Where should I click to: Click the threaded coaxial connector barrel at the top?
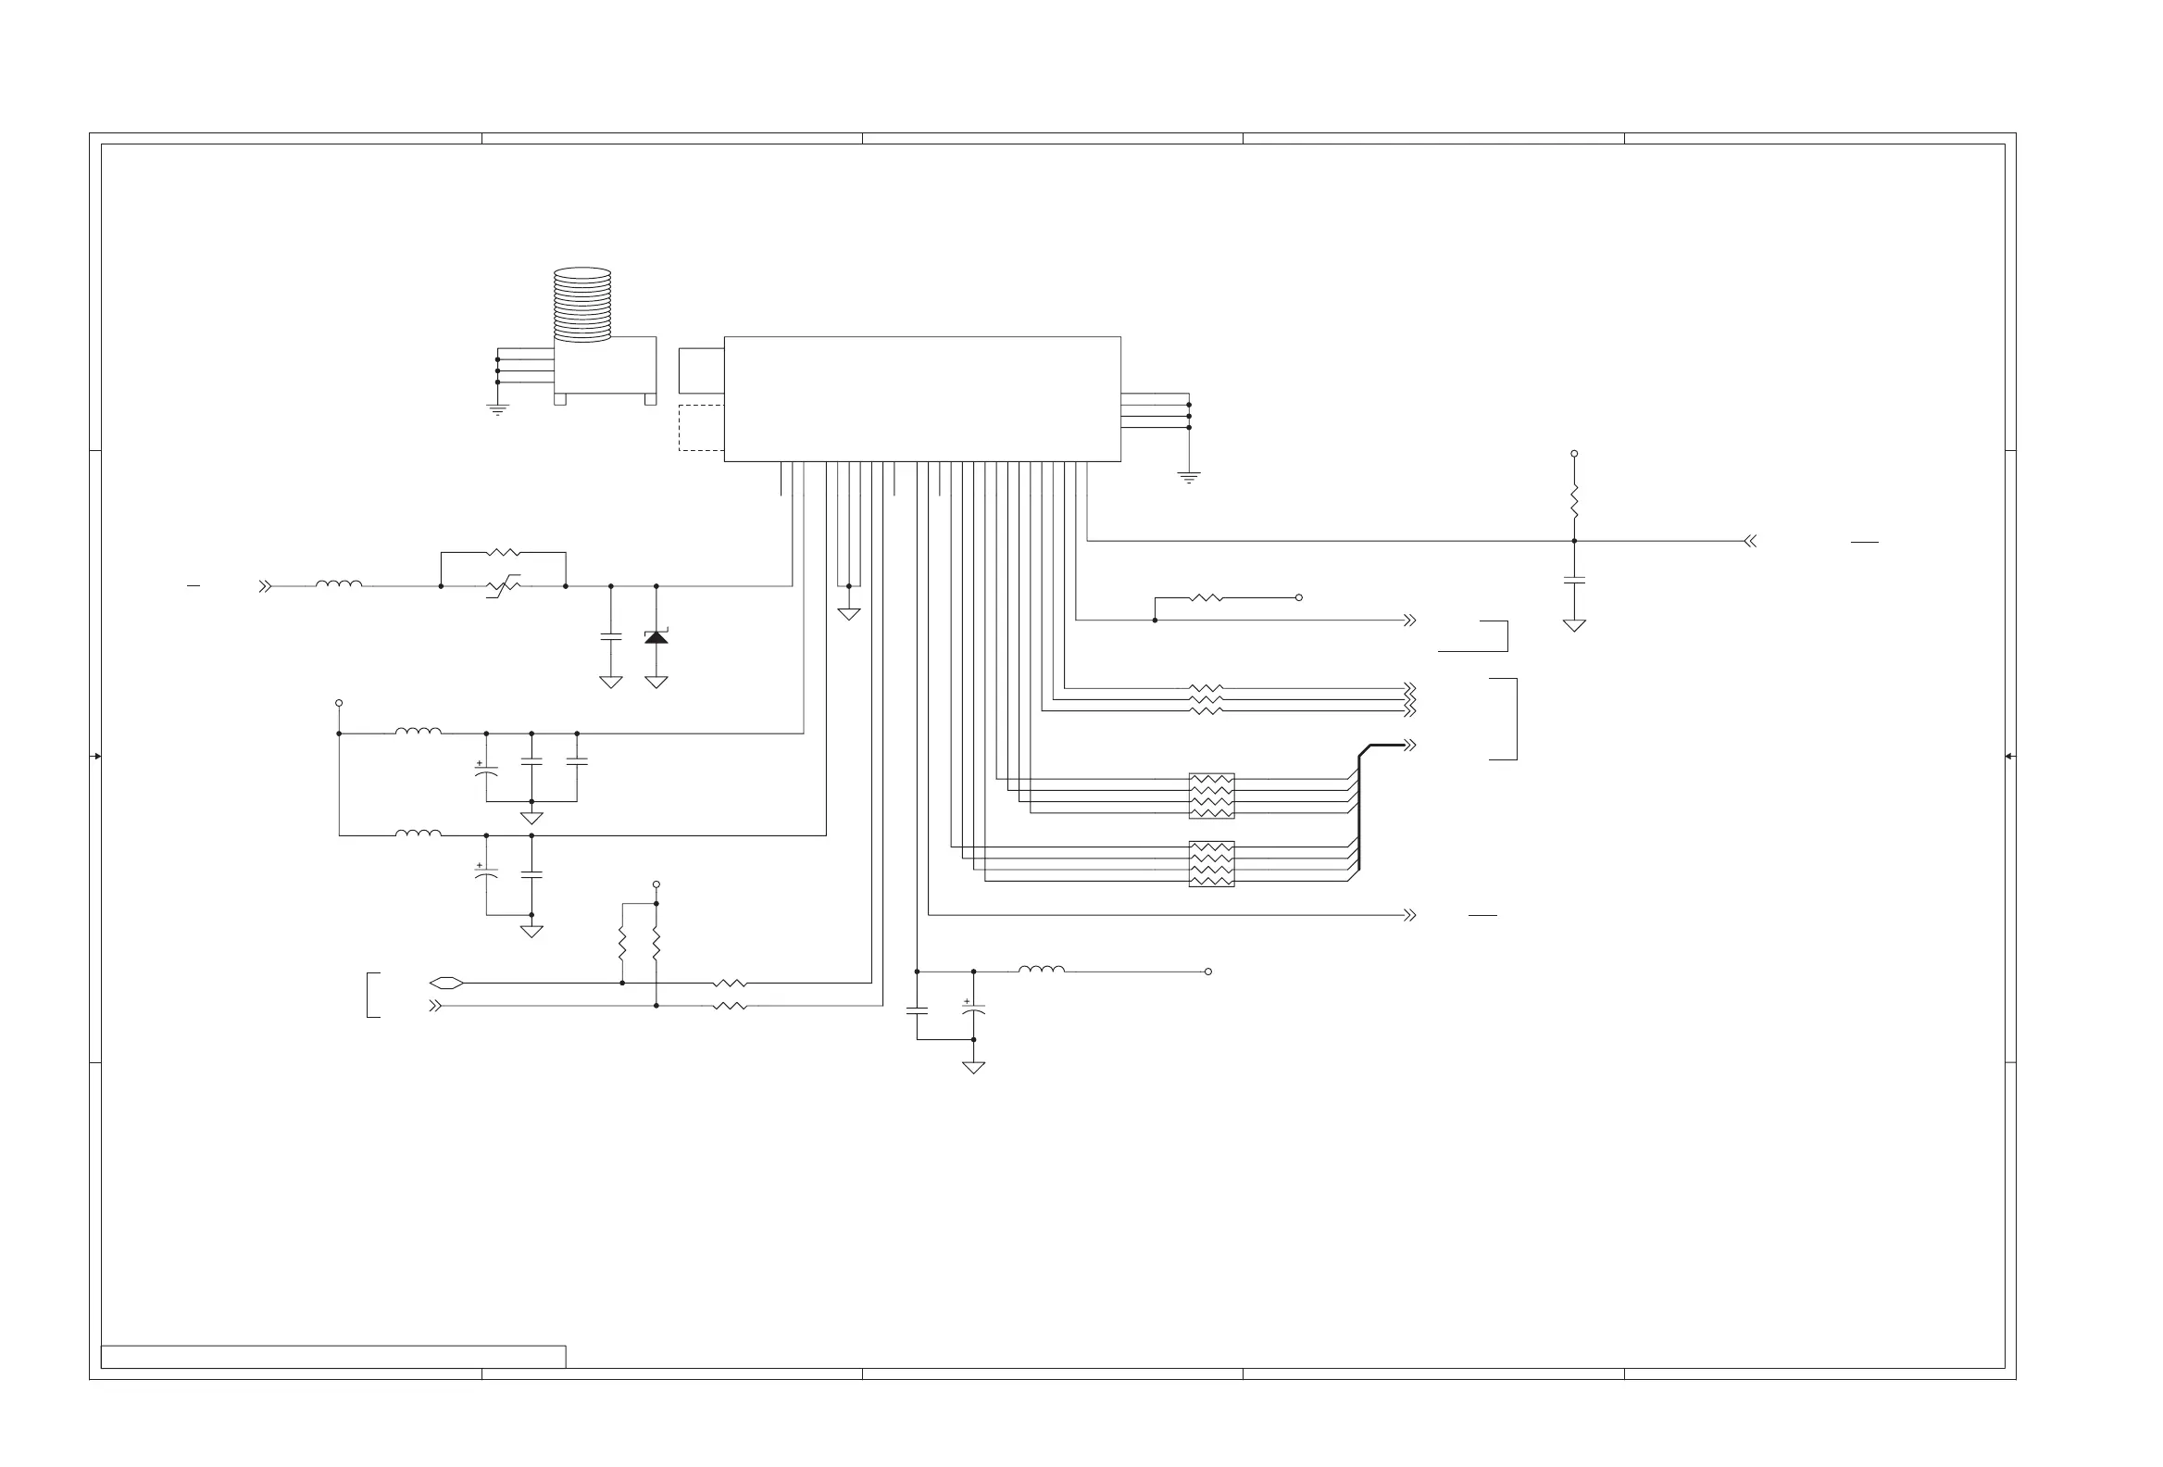click(x=582, y=305)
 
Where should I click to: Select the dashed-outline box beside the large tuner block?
click(x=701, y=428)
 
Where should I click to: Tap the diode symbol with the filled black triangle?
click(x=656, y=637)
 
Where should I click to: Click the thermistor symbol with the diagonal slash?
click(x=504, y=586)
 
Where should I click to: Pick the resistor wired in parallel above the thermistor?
click(x=504, y=553)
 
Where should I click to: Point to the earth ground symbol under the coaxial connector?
click(x=498, y=408)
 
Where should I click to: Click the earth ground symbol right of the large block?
click(x=1189, y=478)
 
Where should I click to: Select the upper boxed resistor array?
click(x=1212, y=796)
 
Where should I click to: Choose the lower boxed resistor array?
click(x=1212, y=864)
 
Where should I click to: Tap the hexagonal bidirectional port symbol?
click(x=446, y=983)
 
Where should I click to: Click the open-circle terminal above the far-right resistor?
click(x=1574, y=453)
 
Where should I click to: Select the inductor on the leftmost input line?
click(x=339, y=584)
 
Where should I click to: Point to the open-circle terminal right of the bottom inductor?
click(x=1208, y=972)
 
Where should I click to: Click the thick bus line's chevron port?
click(x=1410, y=745)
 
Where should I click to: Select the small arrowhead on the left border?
click(x=97, y=756)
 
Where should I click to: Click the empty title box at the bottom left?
click(x=333, y=1357)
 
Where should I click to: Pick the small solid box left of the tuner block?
click(x=701, y=370)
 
